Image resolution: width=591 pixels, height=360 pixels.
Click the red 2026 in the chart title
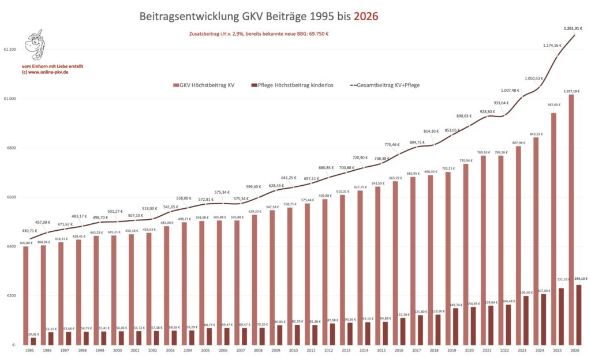point(366,16)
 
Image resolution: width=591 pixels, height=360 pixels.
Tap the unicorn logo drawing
point(36,46)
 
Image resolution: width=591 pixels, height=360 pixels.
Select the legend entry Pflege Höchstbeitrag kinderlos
point(294,85)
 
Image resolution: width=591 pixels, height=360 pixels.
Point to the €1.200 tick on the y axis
point(10,50)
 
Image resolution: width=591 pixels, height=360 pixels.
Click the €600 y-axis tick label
point(12,197)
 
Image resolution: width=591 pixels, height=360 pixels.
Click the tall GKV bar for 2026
point(570,219)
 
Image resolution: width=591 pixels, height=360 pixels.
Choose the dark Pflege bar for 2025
point(559,317)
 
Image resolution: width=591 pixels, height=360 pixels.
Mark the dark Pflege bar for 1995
point(33,341)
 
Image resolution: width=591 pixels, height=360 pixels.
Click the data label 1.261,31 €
point(573,28)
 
